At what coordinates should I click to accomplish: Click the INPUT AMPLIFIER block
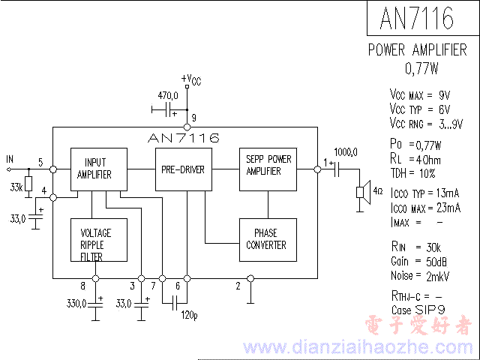pyautogui.click(x=98, y=169)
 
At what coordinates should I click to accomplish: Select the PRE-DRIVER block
pyautogui.click(x=183, y=169)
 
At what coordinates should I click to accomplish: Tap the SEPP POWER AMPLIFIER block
pyautogui.click(x=268, y=165)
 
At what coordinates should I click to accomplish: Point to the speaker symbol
pyautogui.click(x=363, y=191)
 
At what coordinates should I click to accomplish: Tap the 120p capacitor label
pyautogui.click(x=189, y=315)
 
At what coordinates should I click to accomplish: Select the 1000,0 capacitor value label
pyautogui.click(x=346, y=151)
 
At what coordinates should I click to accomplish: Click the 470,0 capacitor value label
pyautogui.click(x=167, y=95)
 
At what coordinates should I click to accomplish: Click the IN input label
pyautogui.click(x=10, y=159)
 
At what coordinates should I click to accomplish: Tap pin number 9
pyautogui.click(x=193, y=118)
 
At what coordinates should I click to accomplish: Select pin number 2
pyautogui.click(x=238, y=286)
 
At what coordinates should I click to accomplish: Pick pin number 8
pyautogui.click(x=82, y=286)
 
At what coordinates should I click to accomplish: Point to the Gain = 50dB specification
pyautogui.click(x=419, y=261)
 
